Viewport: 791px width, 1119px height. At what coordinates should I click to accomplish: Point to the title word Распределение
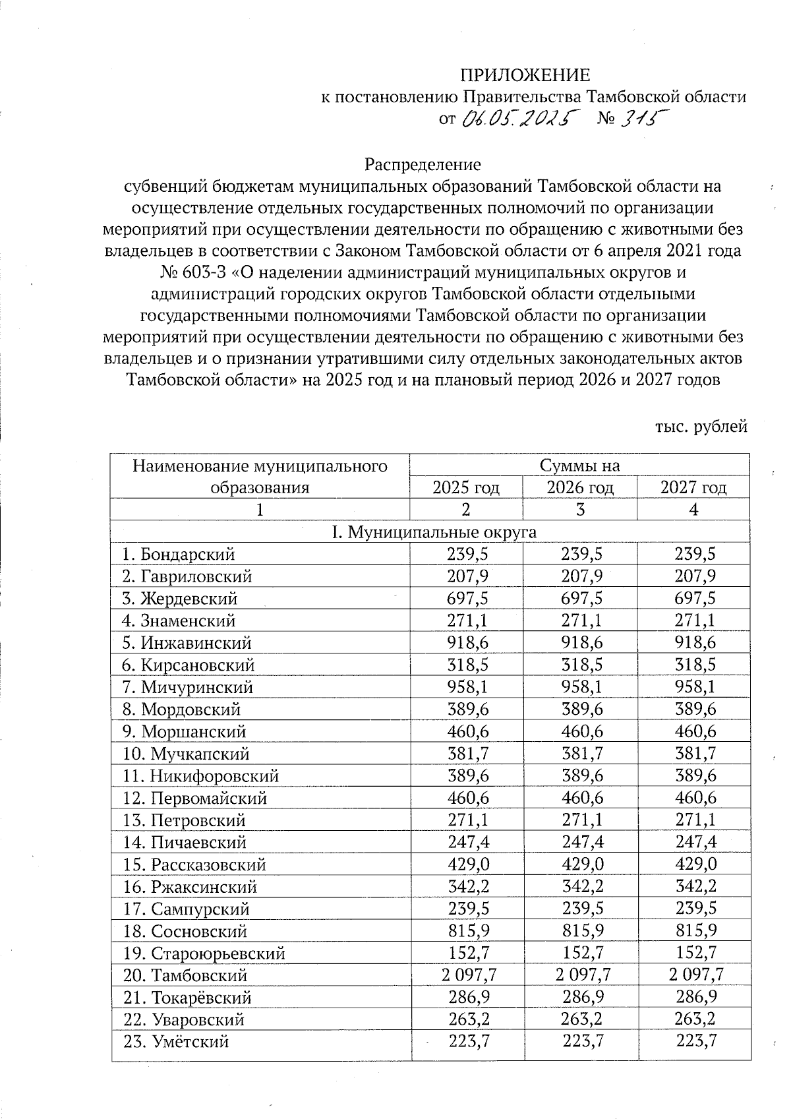coord(423,164)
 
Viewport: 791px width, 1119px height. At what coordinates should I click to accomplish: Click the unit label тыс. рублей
coord(701,427)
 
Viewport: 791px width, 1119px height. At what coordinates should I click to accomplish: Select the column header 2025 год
coord(465,488)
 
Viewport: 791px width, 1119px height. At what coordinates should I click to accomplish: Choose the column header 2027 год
coord(693,488)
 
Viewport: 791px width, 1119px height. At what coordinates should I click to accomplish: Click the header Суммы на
coord(579,466)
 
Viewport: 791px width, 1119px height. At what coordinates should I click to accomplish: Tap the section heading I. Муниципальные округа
coord(433,532)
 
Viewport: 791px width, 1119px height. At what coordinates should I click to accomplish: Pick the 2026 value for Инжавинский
coord(581,643)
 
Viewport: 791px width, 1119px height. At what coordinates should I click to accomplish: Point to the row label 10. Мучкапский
coord(186,754)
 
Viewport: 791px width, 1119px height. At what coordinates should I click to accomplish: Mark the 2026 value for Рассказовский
coord(581,864)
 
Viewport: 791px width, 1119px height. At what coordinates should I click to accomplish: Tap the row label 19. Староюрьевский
coord(204,953)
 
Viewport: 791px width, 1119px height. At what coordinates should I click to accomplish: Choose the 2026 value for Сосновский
coord(581,931)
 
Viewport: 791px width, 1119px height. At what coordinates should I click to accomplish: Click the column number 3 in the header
coord(580,510)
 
